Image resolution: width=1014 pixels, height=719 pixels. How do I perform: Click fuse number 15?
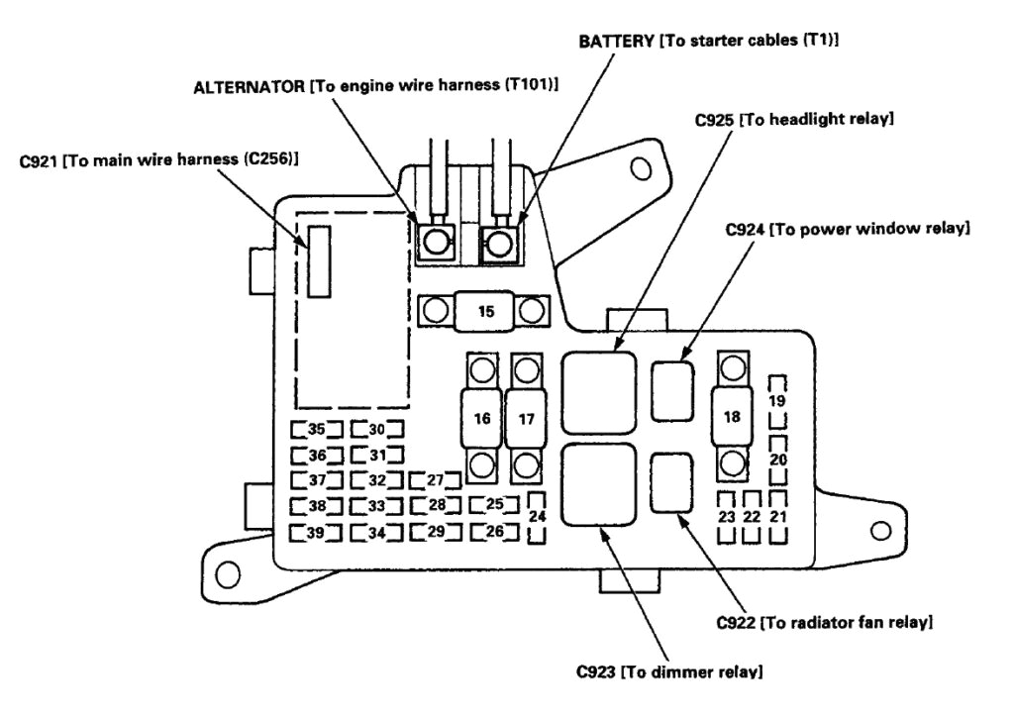[x=485, y=312]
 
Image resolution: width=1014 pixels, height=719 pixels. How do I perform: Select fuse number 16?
[x=482, y=418]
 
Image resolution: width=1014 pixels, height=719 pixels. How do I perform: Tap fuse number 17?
[x=526, y=418]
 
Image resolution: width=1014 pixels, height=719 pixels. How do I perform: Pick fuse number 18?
[x=732, y=417]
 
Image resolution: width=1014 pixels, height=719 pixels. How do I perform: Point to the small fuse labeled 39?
[x=316, y=533]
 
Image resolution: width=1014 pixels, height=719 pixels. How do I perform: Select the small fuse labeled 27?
[x=435, y=481]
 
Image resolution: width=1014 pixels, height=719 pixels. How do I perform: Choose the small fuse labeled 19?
[x=778, y=401]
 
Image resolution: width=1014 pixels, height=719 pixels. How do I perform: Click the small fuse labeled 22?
[x=752, y=516]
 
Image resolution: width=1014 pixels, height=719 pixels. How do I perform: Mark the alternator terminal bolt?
[x=434, y=241]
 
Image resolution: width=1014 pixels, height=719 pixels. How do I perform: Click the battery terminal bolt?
[x=500, y=241]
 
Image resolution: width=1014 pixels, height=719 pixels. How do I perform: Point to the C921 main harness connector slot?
[x=318, y=260]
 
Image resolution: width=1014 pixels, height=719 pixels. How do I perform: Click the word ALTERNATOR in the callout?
[x=250, y=87]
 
